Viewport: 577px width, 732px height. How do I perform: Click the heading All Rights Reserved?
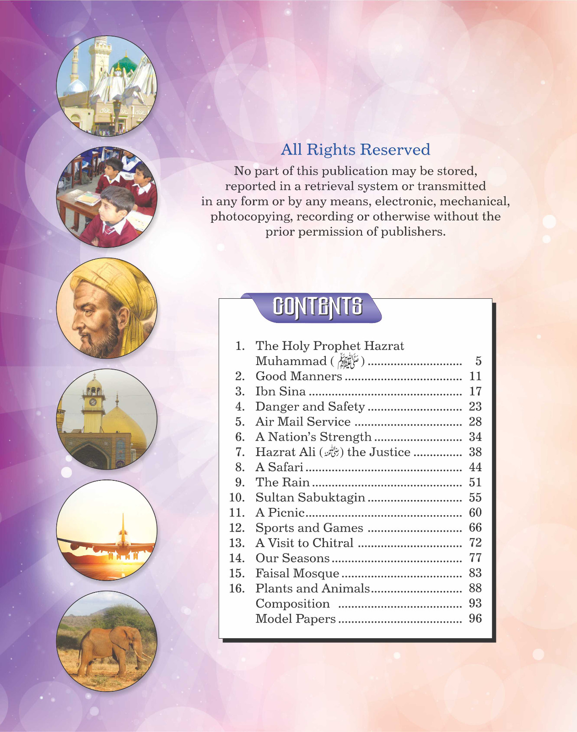[356, 150]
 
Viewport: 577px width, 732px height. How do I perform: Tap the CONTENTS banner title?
[318, 307]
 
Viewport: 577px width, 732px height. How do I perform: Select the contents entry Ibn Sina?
[280, 392]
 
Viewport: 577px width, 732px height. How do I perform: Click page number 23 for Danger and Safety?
[475, 407]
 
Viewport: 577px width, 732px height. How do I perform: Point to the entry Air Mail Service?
[303, 422]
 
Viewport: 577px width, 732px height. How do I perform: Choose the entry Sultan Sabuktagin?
[310, 498]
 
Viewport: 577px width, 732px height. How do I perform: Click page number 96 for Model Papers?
[475, 619]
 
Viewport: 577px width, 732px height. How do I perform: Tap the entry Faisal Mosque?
[297, 573]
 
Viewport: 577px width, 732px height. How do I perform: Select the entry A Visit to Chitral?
[304, 543]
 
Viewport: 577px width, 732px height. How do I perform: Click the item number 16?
[237, 588]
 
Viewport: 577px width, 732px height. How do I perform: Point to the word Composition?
[292, 604]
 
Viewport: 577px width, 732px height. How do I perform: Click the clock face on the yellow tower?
[93, 402]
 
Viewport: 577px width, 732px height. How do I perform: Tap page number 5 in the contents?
[478, 361]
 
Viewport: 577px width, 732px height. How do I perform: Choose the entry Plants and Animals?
[313, 588]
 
